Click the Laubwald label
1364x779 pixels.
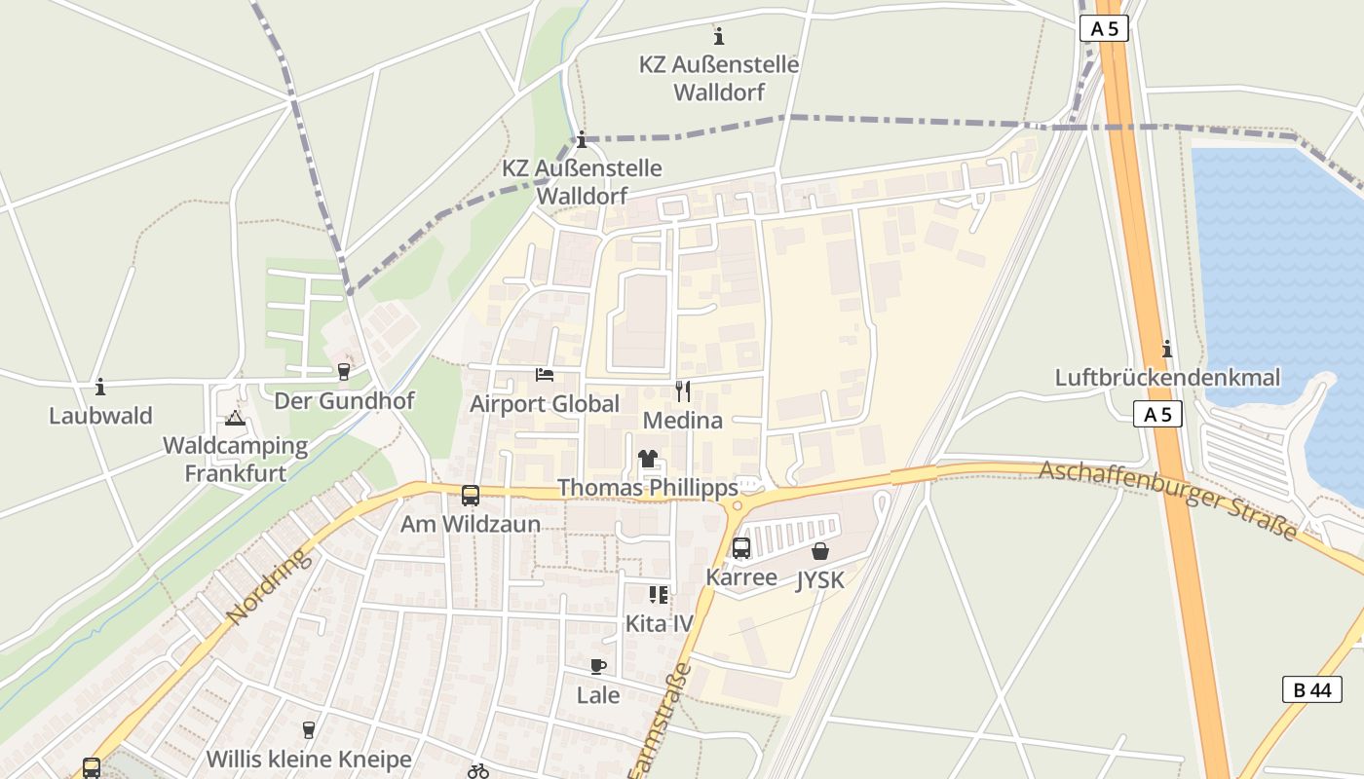(x=100, y=416)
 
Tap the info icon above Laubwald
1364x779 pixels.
(x=100, y=387)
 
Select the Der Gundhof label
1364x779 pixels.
(x=344, y=401)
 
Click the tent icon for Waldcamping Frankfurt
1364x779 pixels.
(x=234, y=419)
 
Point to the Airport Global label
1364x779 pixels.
(x=545, y=404)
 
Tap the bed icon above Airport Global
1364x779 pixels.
(x=545, y=375)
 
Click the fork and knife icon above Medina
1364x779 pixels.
(x=683, y=391)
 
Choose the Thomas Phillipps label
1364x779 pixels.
(x=647, y=487)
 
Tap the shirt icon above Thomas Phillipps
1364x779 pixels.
(x=648, y=458)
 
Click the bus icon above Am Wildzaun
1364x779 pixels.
(x=470, y=495)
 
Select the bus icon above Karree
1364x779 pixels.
(x=741, y=548)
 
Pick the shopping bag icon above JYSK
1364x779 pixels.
(x=820, y=551)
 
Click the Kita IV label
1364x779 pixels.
(x=659, y=623)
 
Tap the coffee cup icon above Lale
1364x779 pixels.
(x=598, y=667)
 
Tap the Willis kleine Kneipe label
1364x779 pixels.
(x=309, y=759)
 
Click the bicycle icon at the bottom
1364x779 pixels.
(x=478, y=771)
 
